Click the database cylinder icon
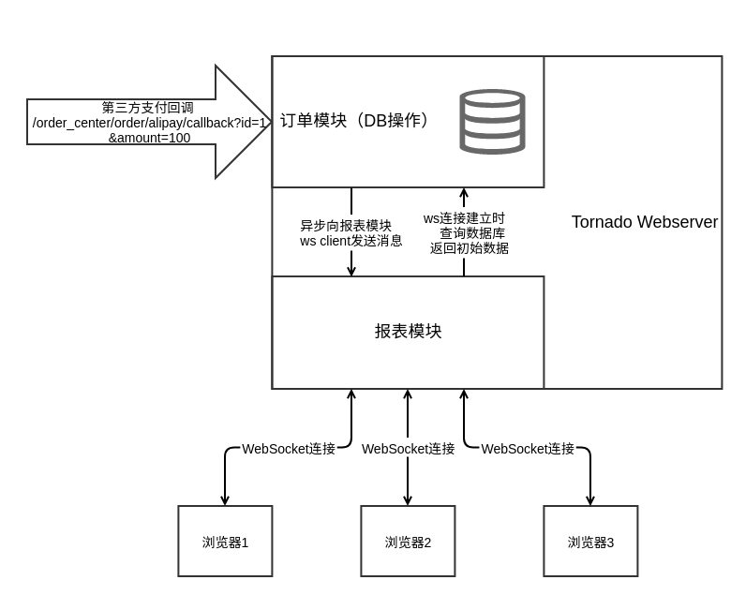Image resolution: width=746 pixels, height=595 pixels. tap(492, 122)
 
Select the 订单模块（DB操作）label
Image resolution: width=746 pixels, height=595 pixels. tap(357, 121)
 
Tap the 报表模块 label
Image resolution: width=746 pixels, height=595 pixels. tap(408, 332)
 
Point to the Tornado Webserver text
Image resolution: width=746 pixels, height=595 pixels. tap(645, 223)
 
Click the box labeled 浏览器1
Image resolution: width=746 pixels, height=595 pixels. tap(225, 542)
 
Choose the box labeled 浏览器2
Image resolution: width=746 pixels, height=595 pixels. tap(408, 542)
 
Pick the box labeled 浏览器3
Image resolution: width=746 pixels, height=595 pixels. tap(590, 542)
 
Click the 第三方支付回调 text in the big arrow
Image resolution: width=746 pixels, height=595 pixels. tap(149, 108)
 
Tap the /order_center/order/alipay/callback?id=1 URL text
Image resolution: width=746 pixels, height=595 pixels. tap(149, 123)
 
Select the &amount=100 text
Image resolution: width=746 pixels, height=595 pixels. tap(149, 138)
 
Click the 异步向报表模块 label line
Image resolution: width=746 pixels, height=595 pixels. tap(346, 226)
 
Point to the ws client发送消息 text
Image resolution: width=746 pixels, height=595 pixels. tap(351, 241)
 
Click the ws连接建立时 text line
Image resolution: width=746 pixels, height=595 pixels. tap(464, 218)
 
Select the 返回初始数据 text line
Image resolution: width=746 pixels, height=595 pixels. tap(470, 248)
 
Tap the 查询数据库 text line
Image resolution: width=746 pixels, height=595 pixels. tap(472, 233)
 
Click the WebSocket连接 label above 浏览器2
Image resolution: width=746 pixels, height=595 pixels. tap(408, 449)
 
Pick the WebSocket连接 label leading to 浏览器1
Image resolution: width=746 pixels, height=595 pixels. tap(289, 449)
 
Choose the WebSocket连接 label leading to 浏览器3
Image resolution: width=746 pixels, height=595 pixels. tap(528, 449)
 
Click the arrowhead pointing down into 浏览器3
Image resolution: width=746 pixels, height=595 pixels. tap(590, 500)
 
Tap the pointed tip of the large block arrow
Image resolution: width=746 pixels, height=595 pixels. tap(270, 122)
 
